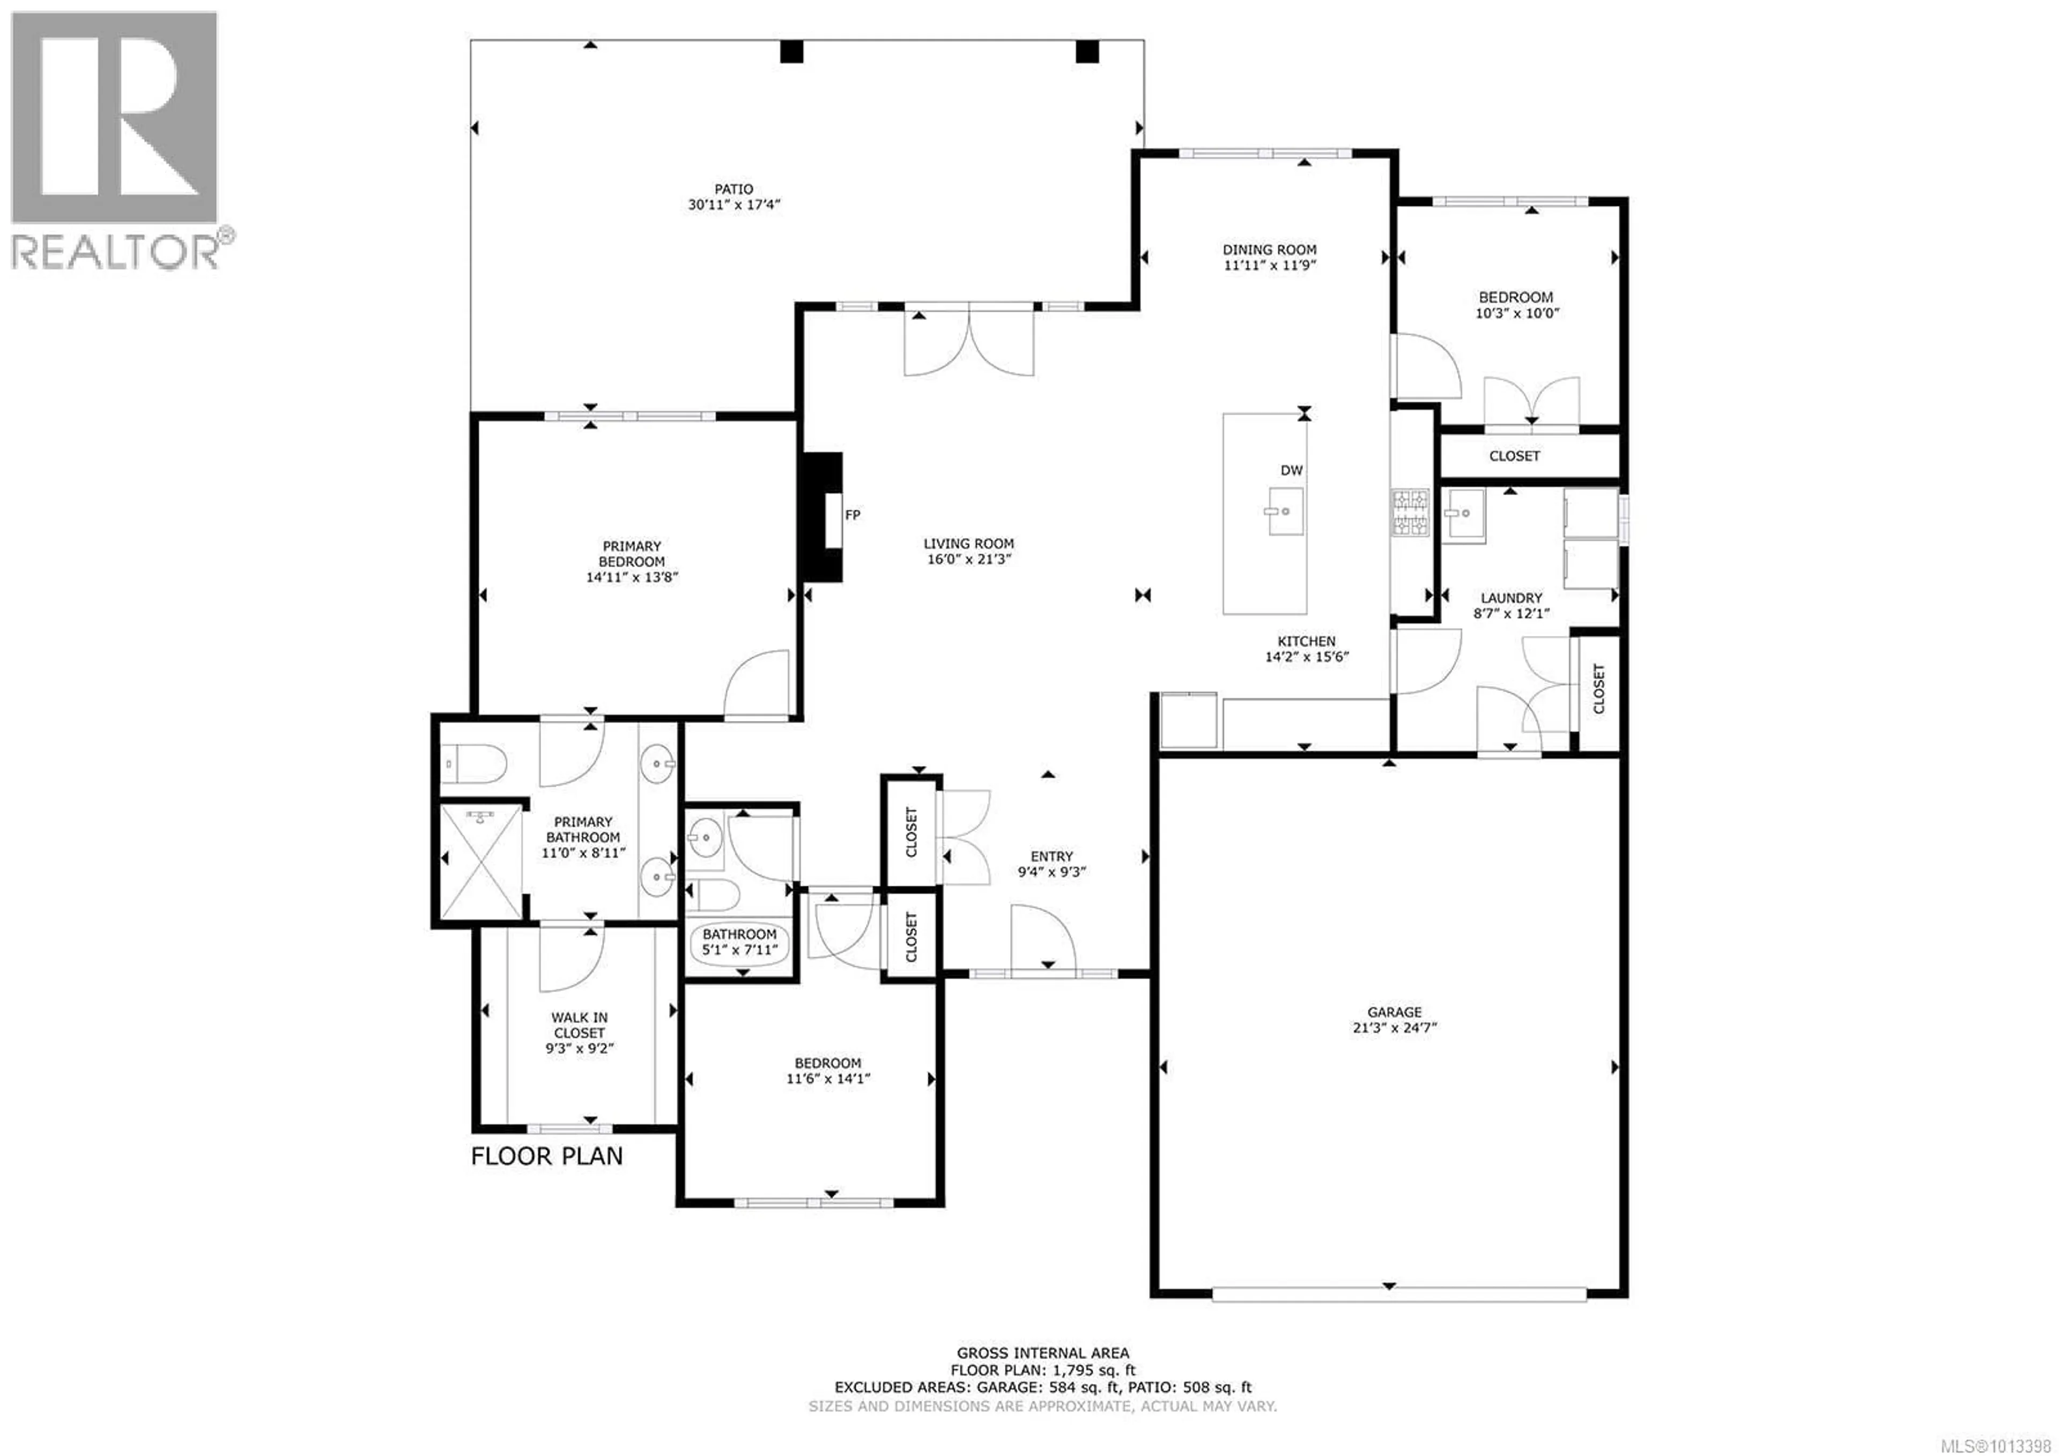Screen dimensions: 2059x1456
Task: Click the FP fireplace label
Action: pyautogui.click(x=853, y=515)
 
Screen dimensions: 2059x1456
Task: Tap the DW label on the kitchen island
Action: pyautogui.click(x=1291, y=470)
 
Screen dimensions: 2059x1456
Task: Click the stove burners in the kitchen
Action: pyautogui.click(x=1410, y=512)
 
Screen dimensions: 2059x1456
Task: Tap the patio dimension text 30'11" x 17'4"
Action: pyautogui.click(x=735, y=204)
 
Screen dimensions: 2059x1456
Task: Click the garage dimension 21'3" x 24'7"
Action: pyautogui.click(x=1395, y=1028)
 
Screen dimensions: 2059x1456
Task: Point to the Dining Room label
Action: pyautogui.click(x=1270, y=249)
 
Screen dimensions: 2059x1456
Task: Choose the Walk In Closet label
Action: pyautogui.click(x=579, y=1025)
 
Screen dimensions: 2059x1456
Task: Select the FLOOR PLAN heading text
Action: pyautogui.click(x=547, y=1156)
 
